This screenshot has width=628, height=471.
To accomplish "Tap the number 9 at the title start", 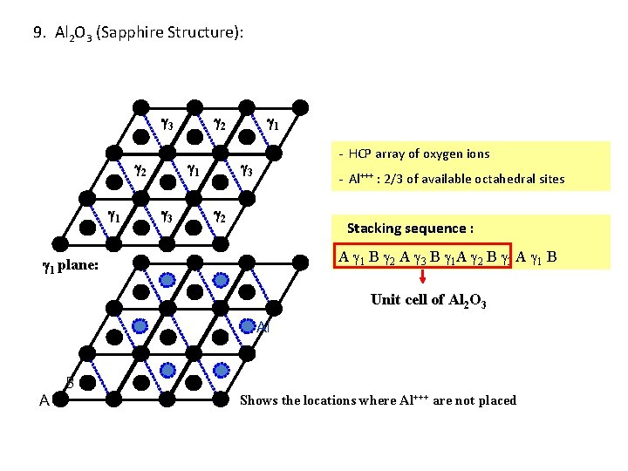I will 37,34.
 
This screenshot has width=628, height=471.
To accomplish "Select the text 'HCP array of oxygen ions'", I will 419,154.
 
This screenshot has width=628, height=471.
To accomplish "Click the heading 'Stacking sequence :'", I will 410,229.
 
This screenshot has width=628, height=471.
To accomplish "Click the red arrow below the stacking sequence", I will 422,278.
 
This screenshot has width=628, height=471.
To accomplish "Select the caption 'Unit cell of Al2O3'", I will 428,300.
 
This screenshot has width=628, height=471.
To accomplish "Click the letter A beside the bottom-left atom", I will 44,400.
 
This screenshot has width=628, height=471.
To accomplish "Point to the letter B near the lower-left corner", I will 70,381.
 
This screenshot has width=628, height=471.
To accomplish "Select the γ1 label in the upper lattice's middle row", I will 194,169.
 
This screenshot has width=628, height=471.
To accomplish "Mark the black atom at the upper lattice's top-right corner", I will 299,106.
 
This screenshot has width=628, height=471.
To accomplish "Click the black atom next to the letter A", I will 60,400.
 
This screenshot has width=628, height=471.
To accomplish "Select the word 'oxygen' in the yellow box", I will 446,154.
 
